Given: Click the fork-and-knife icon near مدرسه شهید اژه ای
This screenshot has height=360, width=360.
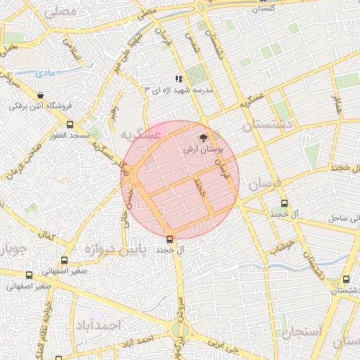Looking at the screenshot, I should click(x=179, y=79).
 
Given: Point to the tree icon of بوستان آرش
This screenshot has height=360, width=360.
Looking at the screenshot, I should click(x=204, y=139).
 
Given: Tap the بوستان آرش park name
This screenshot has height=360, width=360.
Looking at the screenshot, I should click(x=203, y=150).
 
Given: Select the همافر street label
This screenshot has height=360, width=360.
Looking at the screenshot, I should click(x=336, y=105).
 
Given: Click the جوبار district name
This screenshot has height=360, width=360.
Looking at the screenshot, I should click(x=13, y=250).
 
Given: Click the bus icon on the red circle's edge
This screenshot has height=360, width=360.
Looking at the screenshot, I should click(x=169, y=238).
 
